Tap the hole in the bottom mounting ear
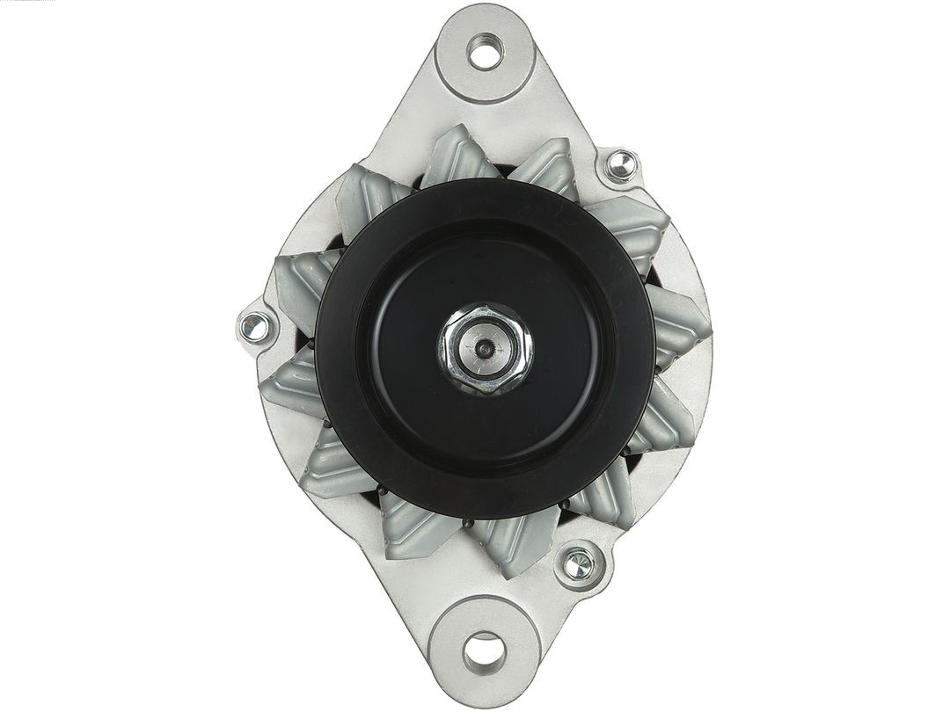(483, 651)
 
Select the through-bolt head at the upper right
(620, 163)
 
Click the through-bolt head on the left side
(254, 327)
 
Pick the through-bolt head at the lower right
(578, 565)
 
